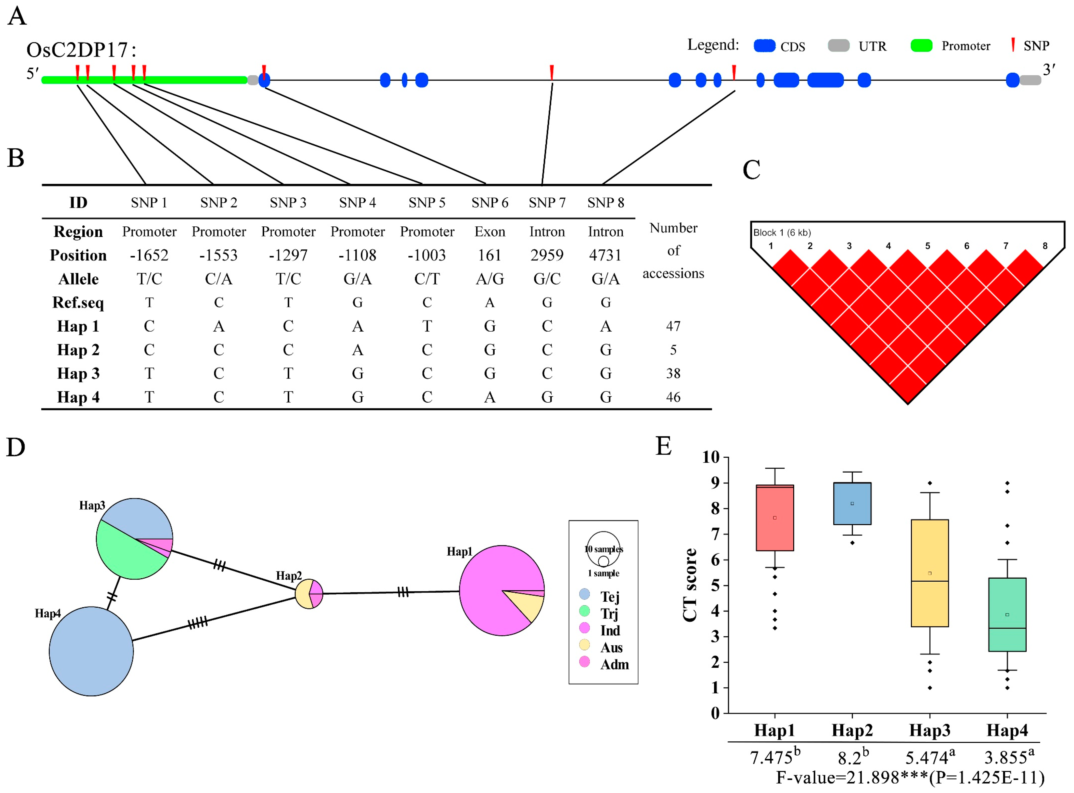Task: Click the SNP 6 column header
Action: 489,203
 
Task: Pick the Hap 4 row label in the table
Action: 78,397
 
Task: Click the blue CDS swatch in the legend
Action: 764,46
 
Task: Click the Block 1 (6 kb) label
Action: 782,232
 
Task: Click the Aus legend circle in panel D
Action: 584,644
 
